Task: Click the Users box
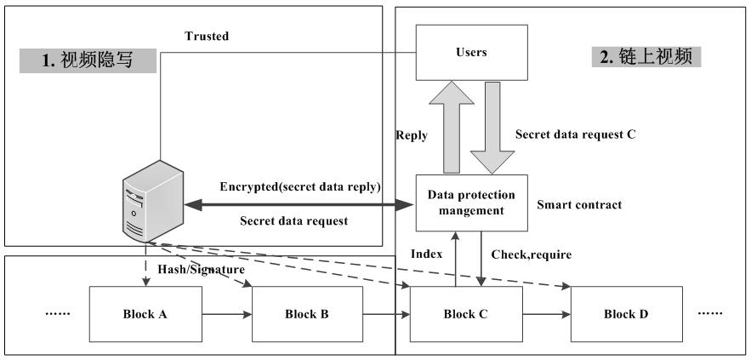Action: pyautogui.click(x=471, y=53)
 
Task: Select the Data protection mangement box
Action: pyautogui.click(x=471, y=203)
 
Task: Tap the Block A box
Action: pyautogui.click(x=145, y=314)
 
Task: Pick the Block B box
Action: pyautogui.click(x=307, y=314)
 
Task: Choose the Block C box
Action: pyautogui.click(x=465, y=314)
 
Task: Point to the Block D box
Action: pyautogui.click(x=626, y=314)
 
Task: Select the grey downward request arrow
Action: pyautogui.click(x=493, y=129)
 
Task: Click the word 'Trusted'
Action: pyautogui.click(x=207, y=36)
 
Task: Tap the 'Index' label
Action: pyautogui.click(x=425, y=254)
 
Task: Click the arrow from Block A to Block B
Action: pyautogui.click(x=226, y=314)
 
